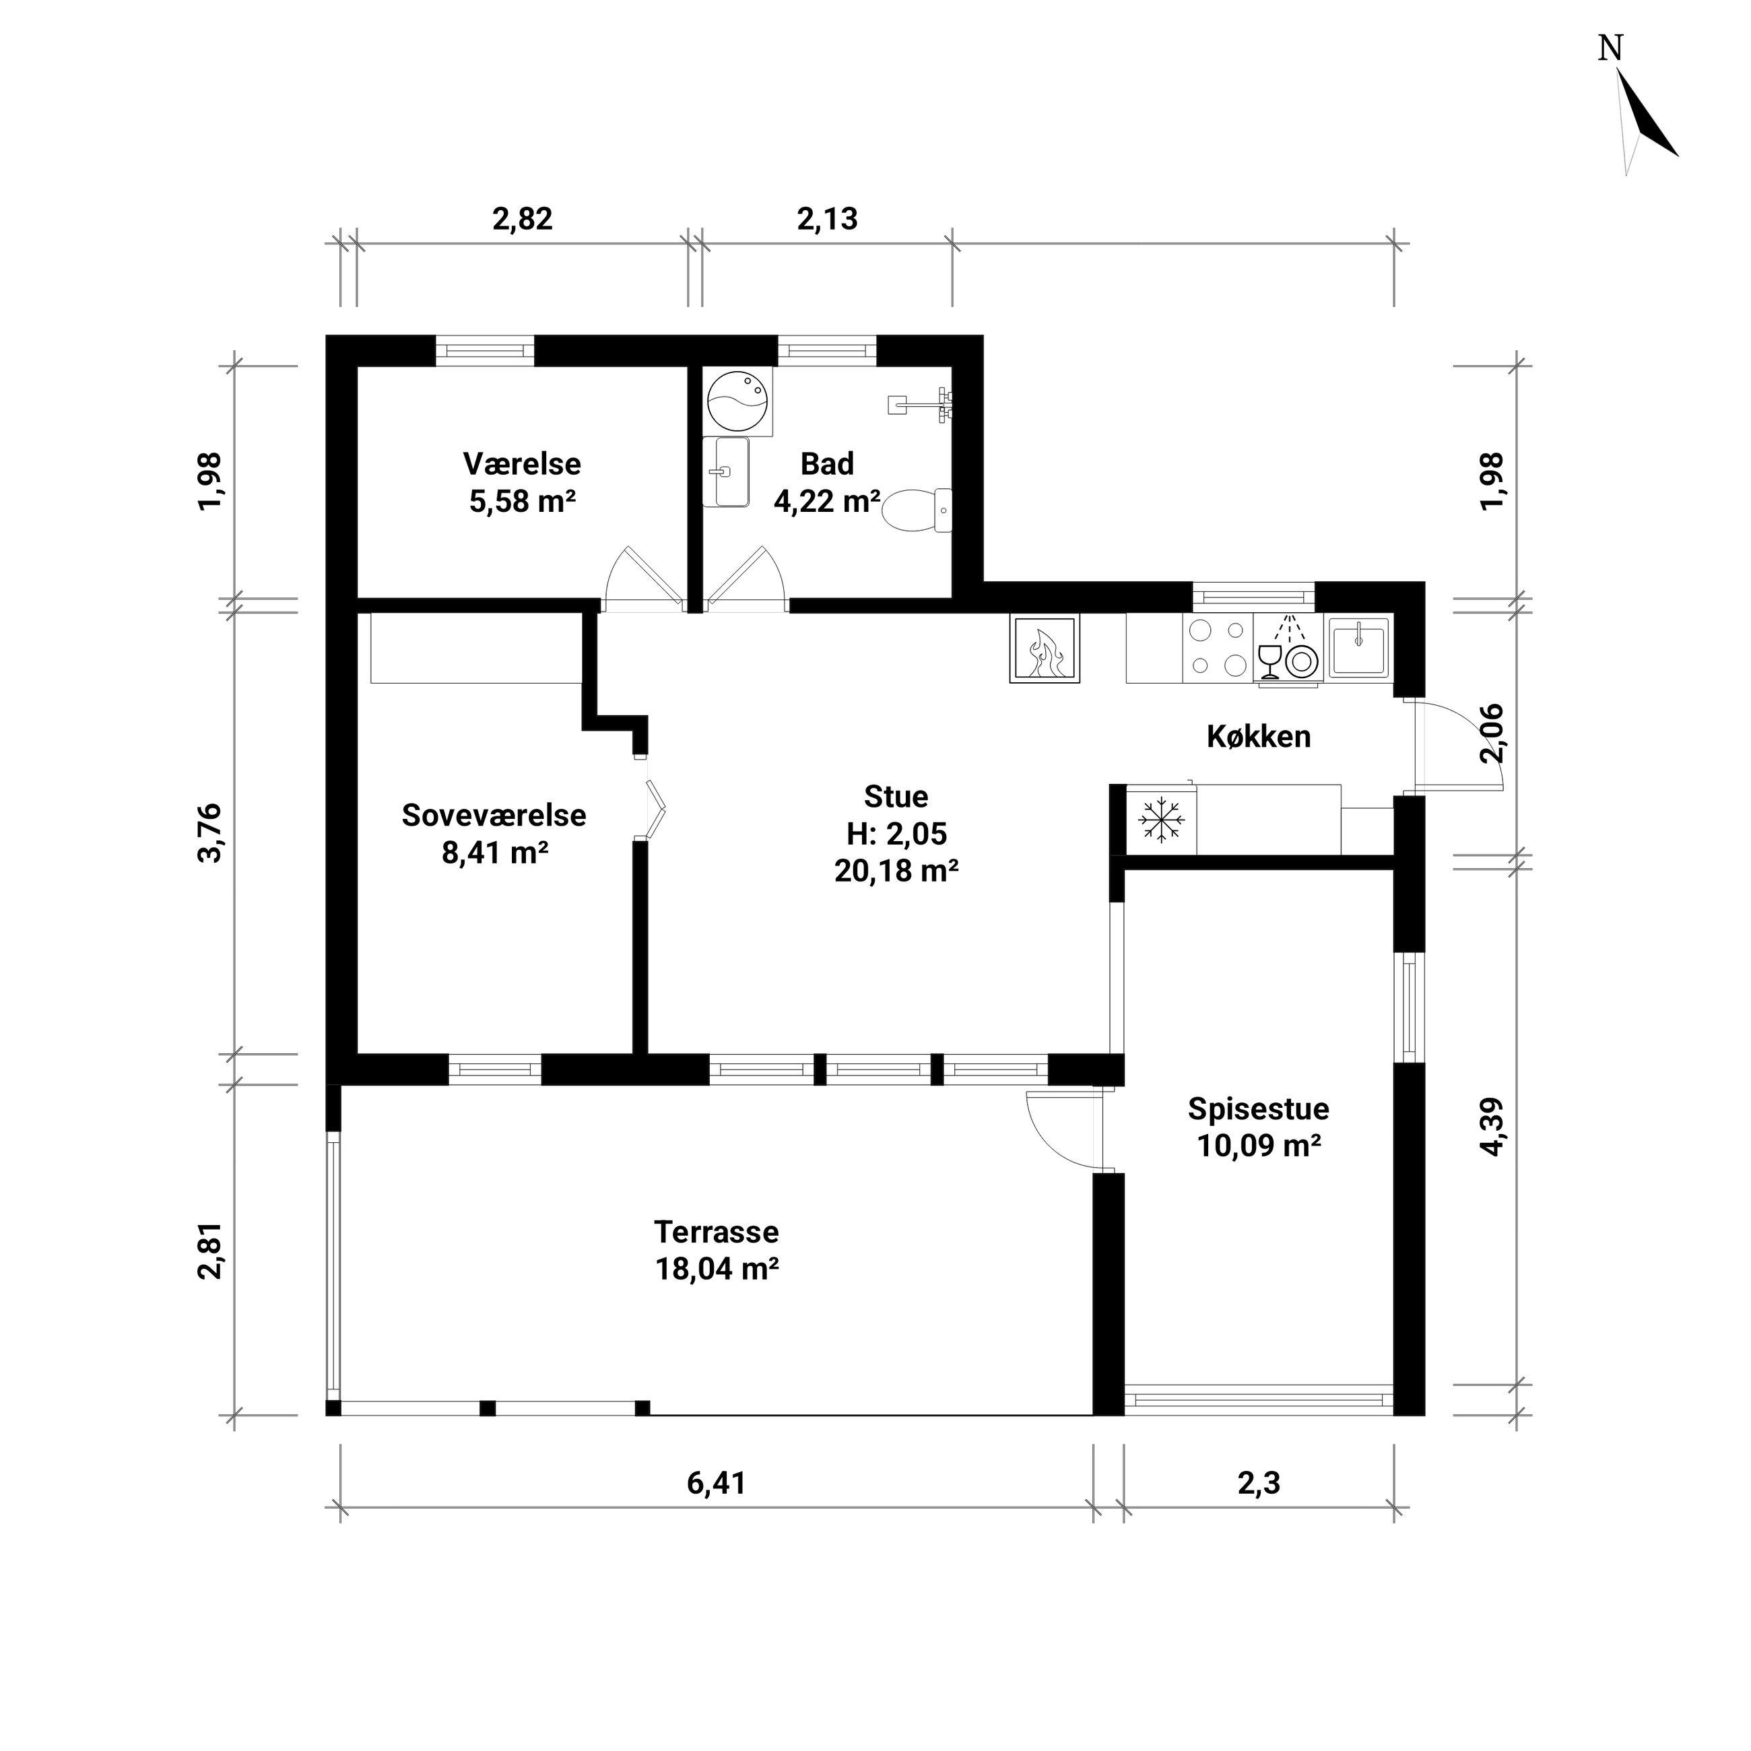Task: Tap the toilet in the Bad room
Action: (x=917, y=511)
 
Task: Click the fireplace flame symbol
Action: (x=1046, y=649)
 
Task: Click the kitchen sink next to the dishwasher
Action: (x=1358, y=647)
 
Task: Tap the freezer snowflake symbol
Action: (x=1162, y=820)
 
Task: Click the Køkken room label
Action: (x=1259, y=737)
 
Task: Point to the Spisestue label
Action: (x=1259, y=1109)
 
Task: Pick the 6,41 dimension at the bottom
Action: (x=716, y=1483)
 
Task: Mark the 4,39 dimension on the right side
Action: (x=1492, y=1127)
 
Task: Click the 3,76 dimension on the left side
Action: (x=209, y=833)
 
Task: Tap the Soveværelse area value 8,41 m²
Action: (x=495, y=853)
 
